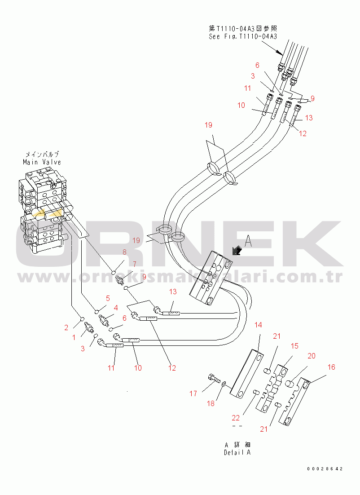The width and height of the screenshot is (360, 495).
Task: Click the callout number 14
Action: [259, 325]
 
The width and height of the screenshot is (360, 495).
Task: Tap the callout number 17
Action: [193, 394]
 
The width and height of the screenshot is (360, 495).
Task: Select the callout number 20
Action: [311, 356]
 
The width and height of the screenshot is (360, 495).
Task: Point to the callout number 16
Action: [331, 367]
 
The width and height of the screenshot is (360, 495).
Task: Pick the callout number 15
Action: [294, 346]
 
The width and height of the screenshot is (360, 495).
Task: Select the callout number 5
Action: [108, 298]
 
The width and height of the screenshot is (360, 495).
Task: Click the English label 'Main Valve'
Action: [42, 162]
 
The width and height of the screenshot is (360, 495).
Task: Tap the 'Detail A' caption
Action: [237, 452]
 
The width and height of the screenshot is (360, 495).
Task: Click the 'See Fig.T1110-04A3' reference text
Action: [243, 36]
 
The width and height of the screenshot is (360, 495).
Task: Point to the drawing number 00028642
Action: [325, 469]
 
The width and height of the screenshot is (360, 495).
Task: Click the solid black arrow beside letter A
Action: [235, 251]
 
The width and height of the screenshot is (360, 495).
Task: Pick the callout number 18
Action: [211, 403]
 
